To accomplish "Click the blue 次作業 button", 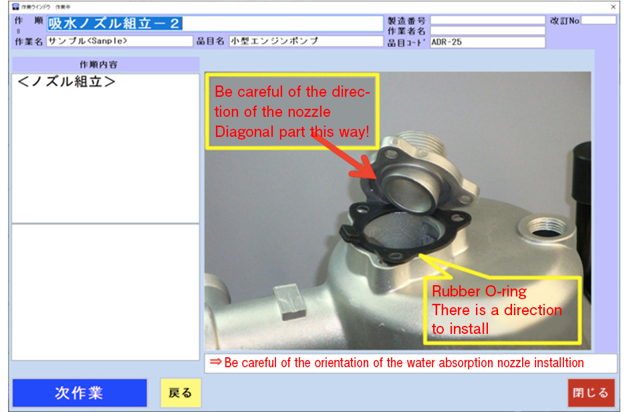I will tap(79, 393).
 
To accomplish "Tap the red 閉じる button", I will tap(591, 393).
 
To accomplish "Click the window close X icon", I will tap(614, 6).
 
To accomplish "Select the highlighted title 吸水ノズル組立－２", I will tap(115, 23).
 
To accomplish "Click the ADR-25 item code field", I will tap(487, 42).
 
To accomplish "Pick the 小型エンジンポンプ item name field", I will tap(305, 41).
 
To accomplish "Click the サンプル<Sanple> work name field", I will tap(119, 41).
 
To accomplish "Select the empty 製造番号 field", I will tap(487, 20).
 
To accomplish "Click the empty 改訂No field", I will tap(598, 20).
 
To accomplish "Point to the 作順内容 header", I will tap(105, 65).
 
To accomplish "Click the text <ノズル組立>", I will tap(67, 83).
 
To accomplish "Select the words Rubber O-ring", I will tap(479, 291).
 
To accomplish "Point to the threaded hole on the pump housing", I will tap(539, 228).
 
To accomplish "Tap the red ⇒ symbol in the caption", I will tap(215, 363).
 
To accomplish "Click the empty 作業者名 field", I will tap(487, 31).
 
